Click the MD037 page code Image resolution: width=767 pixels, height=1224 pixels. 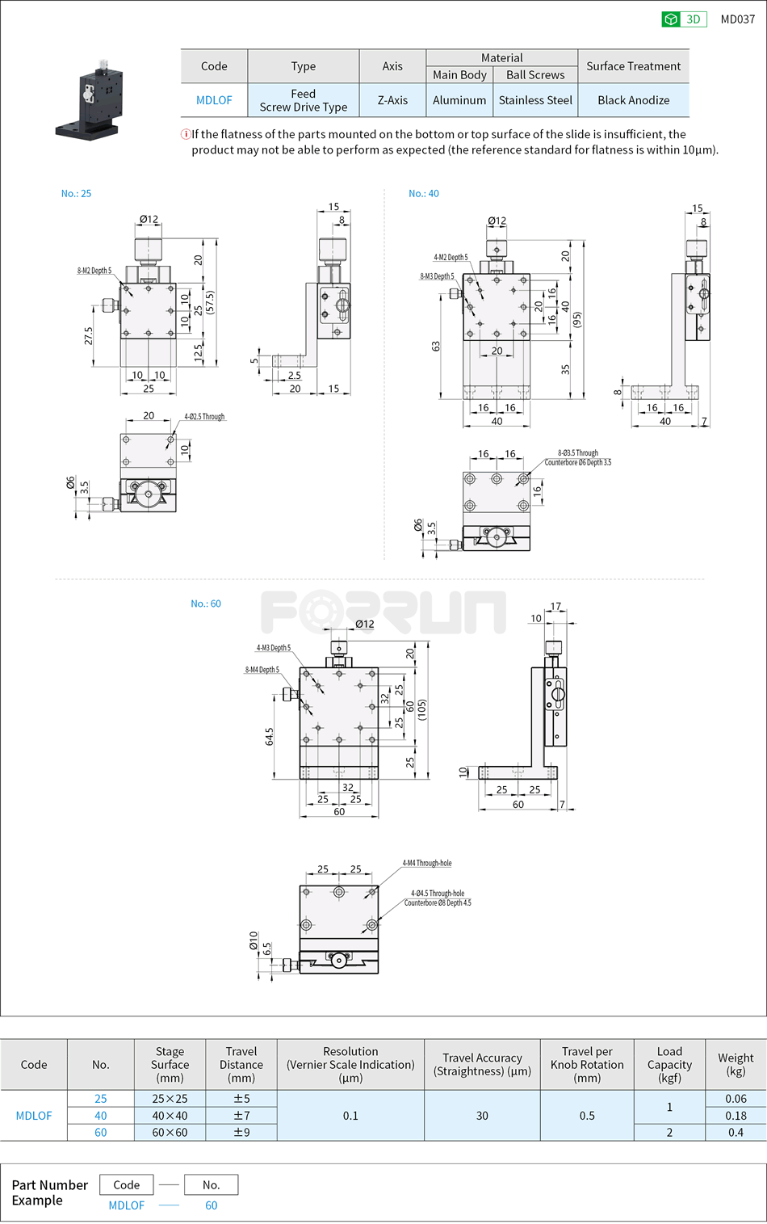point(737,19)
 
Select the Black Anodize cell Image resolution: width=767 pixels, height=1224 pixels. point(633,100)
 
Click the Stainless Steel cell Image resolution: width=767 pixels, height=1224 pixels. point(535,100)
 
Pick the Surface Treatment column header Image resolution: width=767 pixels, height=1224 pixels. point(633,66)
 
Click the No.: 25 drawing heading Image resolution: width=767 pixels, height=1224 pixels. point(76,194)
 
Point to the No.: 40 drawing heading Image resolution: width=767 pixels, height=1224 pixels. point(424,194)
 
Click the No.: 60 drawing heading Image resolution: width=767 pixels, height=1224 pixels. point(206,604)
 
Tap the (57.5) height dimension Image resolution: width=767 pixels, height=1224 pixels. point(210,302)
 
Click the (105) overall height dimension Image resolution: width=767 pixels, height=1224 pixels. point(422,709)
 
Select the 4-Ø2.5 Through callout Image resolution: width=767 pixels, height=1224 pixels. point(204,417)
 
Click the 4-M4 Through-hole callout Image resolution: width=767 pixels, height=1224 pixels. point(427,864)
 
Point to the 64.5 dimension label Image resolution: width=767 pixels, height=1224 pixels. point(269,736)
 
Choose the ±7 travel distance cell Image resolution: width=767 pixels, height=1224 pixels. point(241,1116)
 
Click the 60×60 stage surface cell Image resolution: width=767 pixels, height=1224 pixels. point(170,1133)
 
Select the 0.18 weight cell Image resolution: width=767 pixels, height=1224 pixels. point(736,1116)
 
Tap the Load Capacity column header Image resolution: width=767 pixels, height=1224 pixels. point(669,1064)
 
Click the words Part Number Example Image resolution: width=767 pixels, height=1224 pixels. point(49,1192)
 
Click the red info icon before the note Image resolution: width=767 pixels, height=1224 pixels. point(186,134)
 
